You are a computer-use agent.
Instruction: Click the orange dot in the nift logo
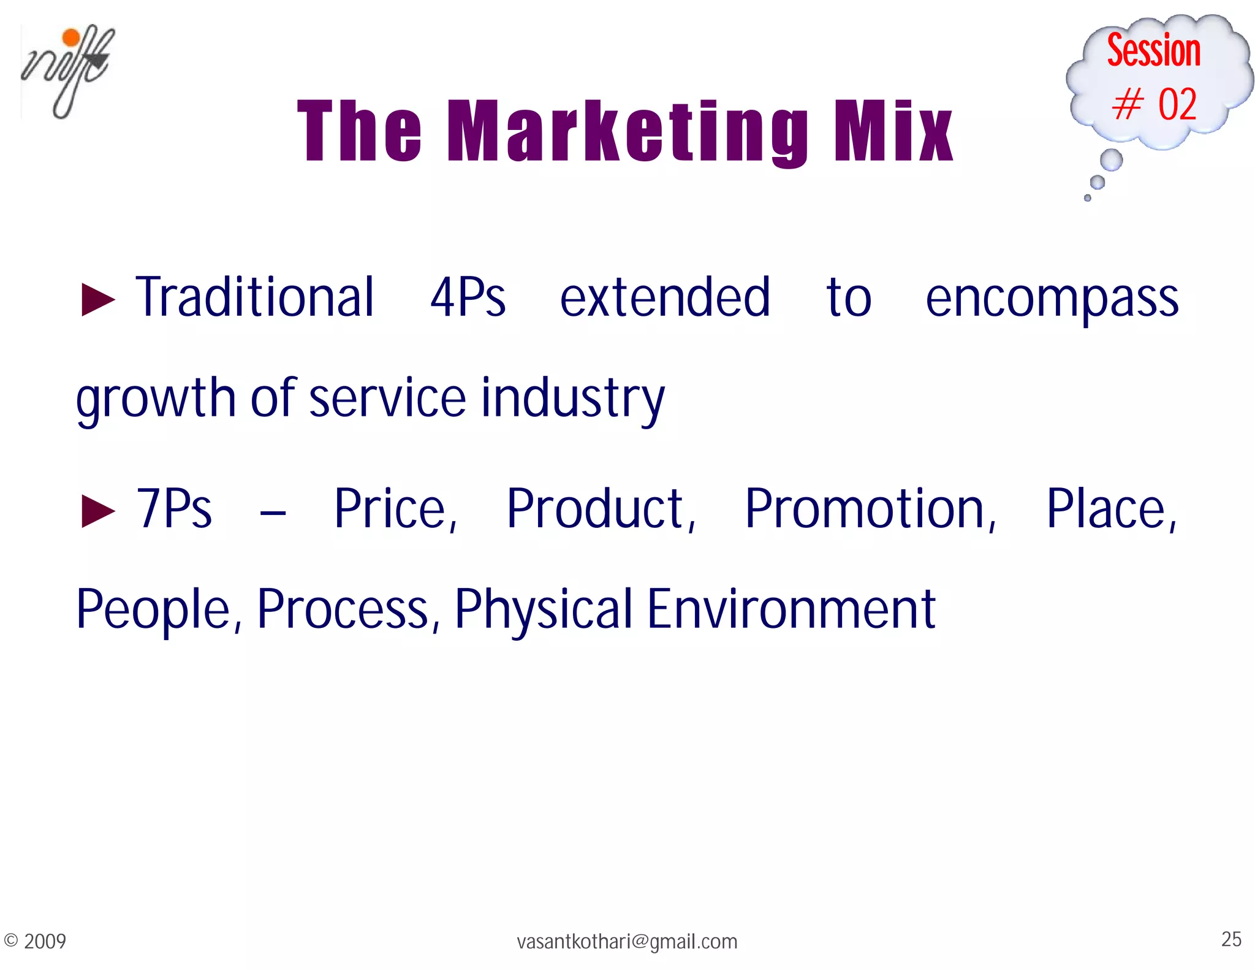pyautogui.click(x=72, y=37)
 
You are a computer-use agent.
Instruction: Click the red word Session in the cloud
pyautogui.click(x=1153, y=50)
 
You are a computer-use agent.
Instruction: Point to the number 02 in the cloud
pyautogui.click(x=1177, y=104)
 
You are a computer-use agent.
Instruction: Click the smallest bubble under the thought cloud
pyautogui.click(x=1087, y=197)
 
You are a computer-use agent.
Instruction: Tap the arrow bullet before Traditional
pyautogui.click(x=98, y=300)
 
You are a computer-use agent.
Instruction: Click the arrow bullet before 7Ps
pyautogui.click(x=98, y=511)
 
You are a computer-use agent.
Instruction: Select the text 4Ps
pyautogui.click(x=468, y=298)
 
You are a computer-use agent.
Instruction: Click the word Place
pyautogui.click(x=1111, y=510)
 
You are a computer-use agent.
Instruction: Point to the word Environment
pyautogui.click(x=791, y=609)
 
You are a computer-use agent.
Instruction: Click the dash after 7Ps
pyautogui.click(x=273, y=512)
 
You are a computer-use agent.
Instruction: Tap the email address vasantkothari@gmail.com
pyautogui.click(x=627, y=941)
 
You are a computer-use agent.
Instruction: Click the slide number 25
pyautogui.click(x=1231, y=939)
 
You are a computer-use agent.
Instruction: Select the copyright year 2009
pyautogui.click(x=45, y=941)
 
